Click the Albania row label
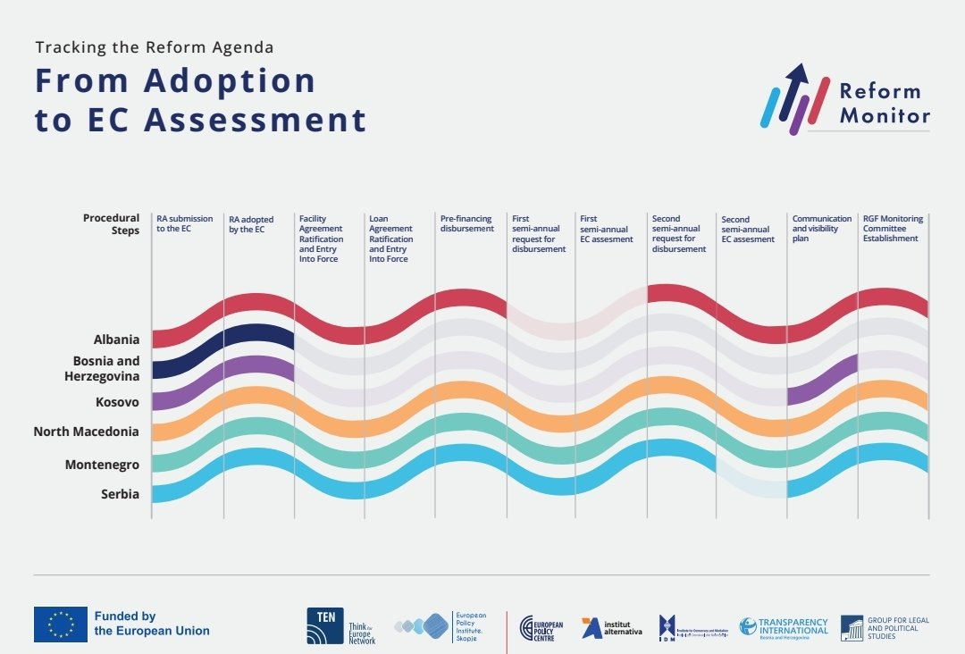pyautogui.click(x=116, y=340)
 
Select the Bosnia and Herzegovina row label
pyautogui.click(x=106, y=368)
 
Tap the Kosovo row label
pyautogui.click(x=117, y=402)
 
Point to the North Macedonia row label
pyautogui.click(x=86, y=432)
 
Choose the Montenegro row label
pyautogui.click(x=102, y=465)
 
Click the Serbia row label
pyautogui.click(x=120, y=493)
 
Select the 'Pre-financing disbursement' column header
pyautogui.click(x=466, y=223)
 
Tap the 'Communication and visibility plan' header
pyautogui.click(x=821, y=229)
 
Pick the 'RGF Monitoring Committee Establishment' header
pyautogui.click(x=893, y=229)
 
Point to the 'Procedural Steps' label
pyautogui.click(x=111, y=223)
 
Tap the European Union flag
pyautogui.click(x=61, y=624)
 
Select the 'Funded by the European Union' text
pyautogui.click(x=152, y=624)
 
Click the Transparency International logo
pyautogui.click(x=784, y=626)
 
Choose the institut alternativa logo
pyautogui.click(x=611, y=628)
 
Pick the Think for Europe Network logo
pyautogui.click(x=340, y=626)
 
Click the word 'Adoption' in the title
pyautogui.click(x=231, y=80)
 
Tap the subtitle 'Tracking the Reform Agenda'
pyautogui.click(x=155, y=46)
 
